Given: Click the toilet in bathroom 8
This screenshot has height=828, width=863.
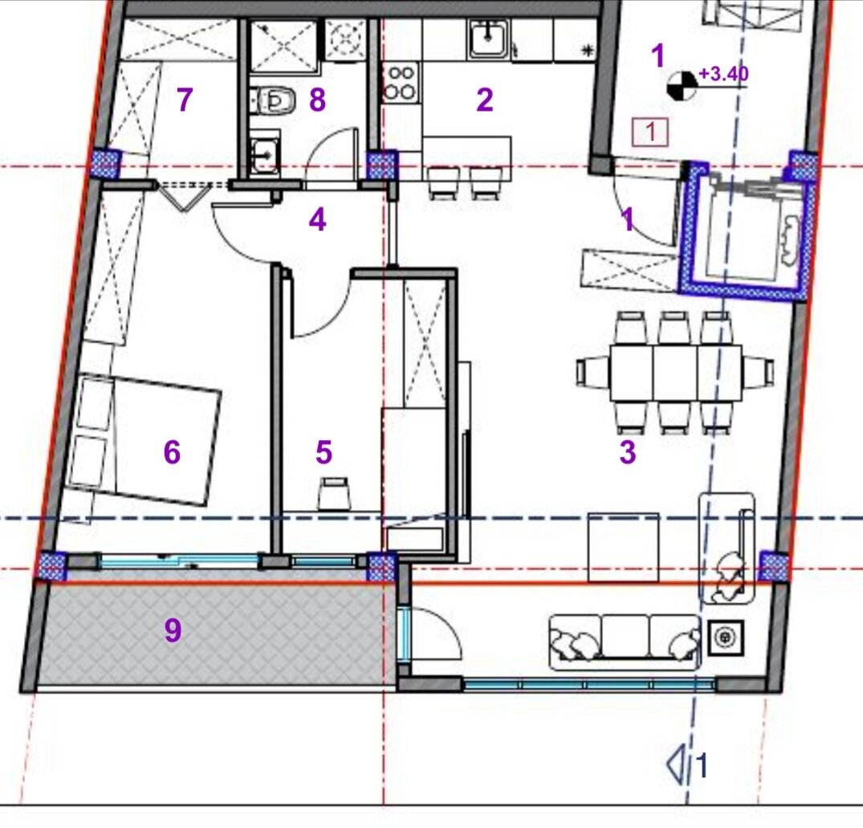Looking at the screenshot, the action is (x=275, y=100).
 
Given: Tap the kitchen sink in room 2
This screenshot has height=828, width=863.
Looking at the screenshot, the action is (x=488, y=39).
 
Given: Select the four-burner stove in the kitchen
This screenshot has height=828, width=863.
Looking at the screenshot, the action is (x=401, y=83).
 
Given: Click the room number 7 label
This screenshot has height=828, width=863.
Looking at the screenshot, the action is (x=185, y=100).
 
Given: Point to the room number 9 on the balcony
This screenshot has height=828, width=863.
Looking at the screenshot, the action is (x=173, y=630).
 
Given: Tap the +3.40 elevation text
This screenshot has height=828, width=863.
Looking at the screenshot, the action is (x=723, y=73).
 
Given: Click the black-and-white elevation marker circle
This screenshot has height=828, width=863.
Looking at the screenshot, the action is (x=682, y=87).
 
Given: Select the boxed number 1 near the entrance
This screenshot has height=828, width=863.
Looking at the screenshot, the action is (x=650, y=133).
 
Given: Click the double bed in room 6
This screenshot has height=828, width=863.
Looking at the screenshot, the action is (x=145, y=438).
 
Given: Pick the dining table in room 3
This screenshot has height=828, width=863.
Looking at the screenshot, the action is (x=676, y=373).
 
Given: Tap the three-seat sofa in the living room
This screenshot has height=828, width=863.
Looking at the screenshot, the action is (x=625, y=642).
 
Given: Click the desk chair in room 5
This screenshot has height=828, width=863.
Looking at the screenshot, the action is (x=334, y=493).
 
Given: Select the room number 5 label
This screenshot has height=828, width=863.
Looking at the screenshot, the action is (x=324, y=452).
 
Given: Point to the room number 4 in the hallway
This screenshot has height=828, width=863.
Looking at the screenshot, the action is (x=317, y=220).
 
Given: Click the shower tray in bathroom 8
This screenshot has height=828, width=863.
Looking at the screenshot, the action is (x=284, y=47).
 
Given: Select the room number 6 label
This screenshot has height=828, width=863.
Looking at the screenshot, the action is (x=172, y=452).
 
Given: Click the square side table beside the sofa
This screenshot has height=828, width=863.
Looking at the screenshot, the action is (x=725, y=638).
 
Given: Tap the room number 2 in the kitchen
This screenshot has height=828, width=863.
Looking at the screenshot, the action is (x=484, y=100).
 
